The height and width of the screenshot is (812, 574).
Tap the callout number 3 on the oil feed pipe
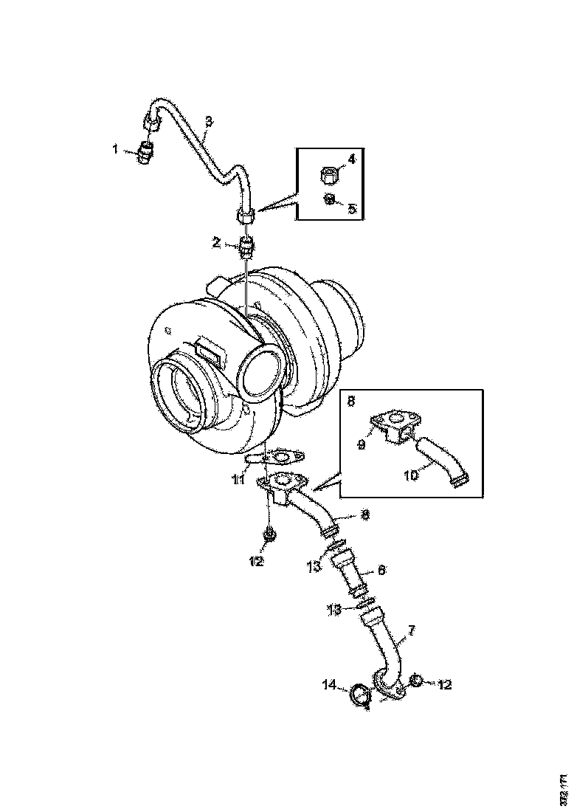tap(209, 122)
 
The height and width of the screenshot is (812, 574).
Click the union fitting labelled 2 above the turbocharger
tap(248, 244)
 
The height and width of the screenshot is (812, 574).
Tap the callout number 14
tap(330, 686)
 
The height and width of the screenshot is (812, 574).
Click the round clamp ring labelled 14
tap(359, 695)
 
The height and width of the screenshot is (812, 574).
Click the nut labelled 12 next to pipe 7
tap(415, 681)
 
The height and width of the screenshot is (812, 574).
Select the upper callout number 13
tap(313, 565)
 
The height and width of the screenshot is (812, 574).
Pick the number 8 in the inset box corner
tap(351, 400)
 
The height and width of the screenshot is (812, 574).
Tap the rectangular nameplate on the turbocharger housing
tap(209, 351)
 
